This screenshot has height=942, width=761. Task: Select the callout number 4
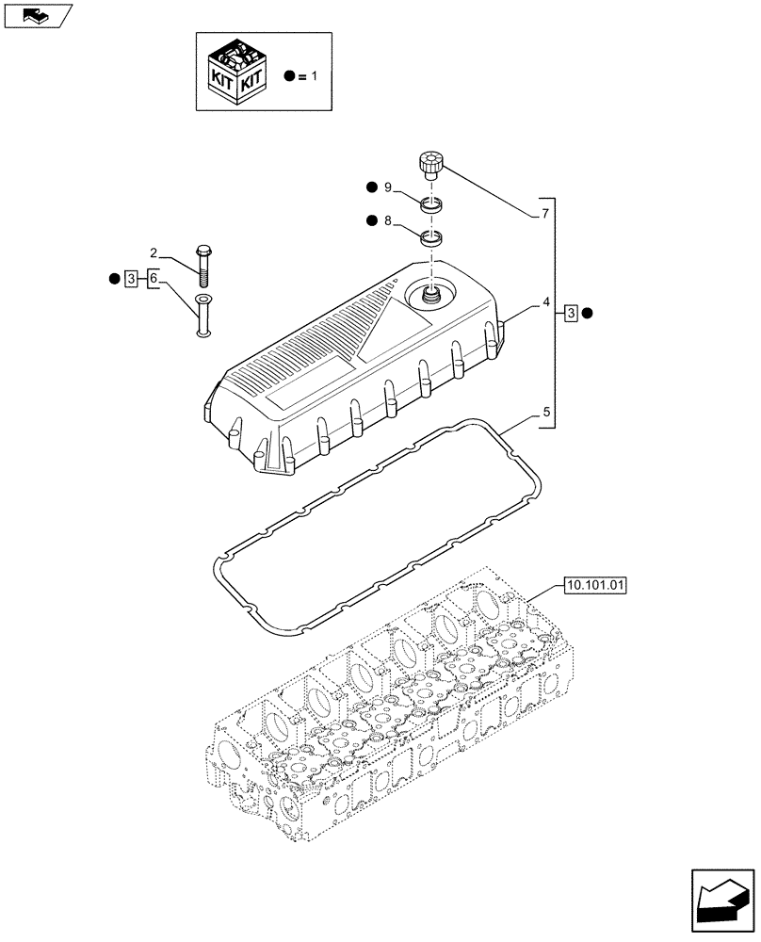coord(545,303)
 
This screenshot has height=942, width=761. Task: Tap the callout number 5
coord(545,411)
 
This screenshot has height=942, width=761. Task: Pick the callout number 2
coord(153,252)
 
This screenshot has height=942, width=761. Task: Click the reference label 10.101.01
coord(596,585)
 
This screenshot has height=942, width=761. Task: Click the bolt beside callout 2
coord(203,264)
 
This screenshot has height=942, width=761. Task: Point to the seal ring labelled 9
coord(432,204)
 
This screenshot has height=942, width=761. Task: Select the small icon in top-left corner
coord(37,14)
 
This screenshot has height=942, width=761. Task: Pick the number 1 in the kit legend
coord(314,74)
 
